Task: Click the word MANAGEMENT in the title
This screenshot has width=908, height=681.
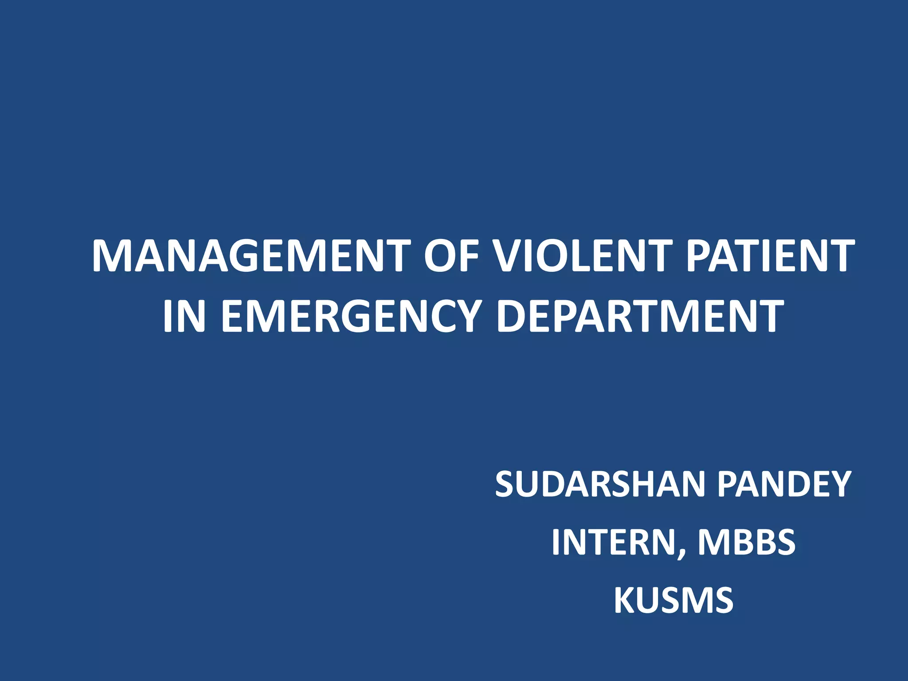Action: tap(251, 256)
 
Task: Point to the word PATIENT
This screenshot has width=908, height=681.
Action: tap(770, 256)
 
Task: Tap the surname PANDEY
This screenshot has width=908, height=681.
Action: tap(784, 484)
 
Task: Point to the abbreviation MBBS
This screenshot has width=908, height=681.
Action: tap(747, 542)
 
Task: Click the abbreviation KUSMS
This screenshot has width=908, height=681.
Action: tap(673, 600)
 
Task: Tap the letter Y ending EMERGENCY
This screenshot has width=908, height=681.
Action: tap(466, 316)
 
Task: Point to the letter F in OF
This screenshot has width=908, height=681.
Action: tap(469, 256)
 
